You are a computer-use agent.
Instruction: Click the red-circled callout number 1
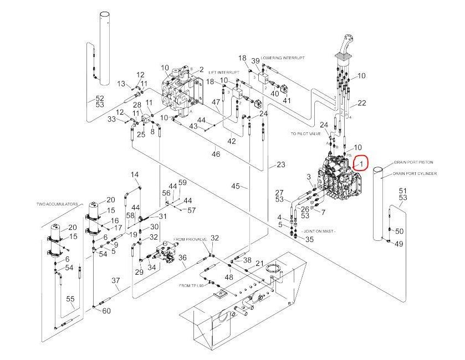pyautogui.click(x=361, y=164)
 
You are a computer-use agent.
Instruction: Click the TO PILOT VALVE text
pyautogui.click(x=305, y=133)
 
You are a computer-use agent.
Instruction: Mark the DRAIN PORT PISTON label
pyautogui.click(x=413, y=162)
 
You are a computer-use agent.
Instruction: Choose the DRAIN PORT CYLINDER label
pyautogui.click(x=416, y=173)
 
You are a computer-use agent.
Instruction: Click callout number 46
pyautogui.click(x=216, y=154)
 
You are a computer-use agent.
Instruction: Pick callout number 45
pyautogui.click(x=236, y=186)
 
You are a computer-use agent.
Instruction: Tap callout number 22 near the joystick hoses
pyautogui.click(x=361, y=103)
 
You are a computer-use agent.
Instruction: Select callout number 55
pyautogui.click(x=70, y=299)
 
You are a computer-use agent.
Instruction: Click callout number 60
pyautogui.click(x=106, y=311)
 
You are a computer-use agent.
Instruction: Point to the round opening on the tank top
pyautogui.click(x=273, y=270)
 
